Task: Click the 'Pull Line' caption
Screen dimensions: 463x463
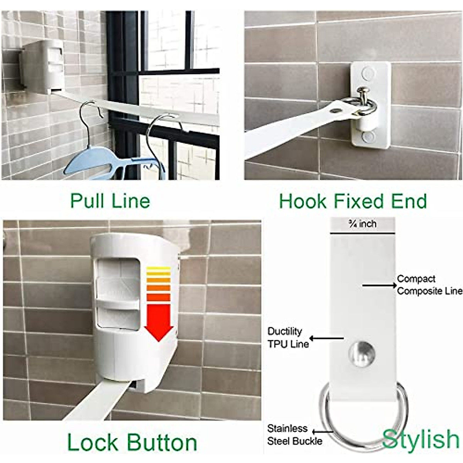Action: tap(110, 201)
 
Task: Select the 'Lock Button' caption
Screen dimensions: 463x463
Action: tap(132, 442)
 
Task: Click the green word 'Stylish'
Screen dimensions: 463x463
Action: tap(421, 439)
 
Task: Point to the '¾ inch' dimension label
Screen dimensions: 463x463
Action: tap(362, 224)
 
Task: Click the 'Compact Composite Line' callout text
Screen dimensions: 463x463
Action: tap(429, 285)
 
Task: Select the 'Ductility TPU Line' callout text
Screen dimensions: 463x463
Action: tap(287, 338)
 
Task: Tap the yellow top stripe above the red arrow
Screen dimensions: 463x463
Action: tap(158, 269)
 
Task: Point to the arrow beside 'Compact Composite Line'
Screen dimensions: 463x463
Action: tap(379, 285)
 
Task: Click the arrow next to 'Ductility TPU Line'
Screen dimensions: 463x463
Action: tap(326, 338)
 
